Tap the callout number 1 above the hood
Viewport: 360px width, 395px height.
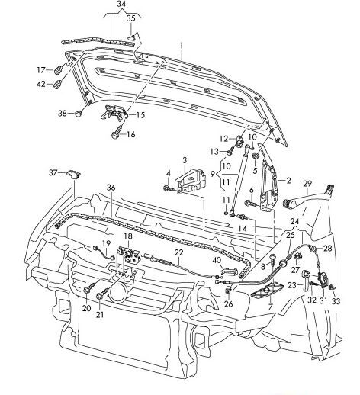182,46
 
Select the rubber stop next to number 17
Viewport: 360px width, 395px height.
58,69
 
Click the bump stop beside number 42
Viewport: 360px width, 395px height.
58,84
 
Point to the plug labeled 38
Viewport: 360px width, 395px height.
79,113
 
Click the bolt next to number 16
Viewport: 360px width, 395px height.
116,133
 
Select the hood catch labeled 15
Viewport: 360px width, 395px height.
114,112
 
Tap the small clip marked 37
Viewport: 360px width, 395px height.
73,174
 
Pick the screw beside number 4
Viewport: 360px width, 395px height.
169,188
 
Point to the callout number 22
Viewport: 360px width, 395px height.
179,252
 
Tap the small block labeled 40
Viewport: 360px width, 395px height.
230,271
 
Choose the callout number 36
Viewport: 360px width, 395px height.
111,188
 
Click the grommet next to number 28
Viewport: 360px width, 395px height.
312,249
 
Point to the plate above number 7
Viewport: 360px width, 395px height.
267,291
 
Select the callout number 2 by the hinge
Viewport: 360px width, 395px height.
288,181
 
